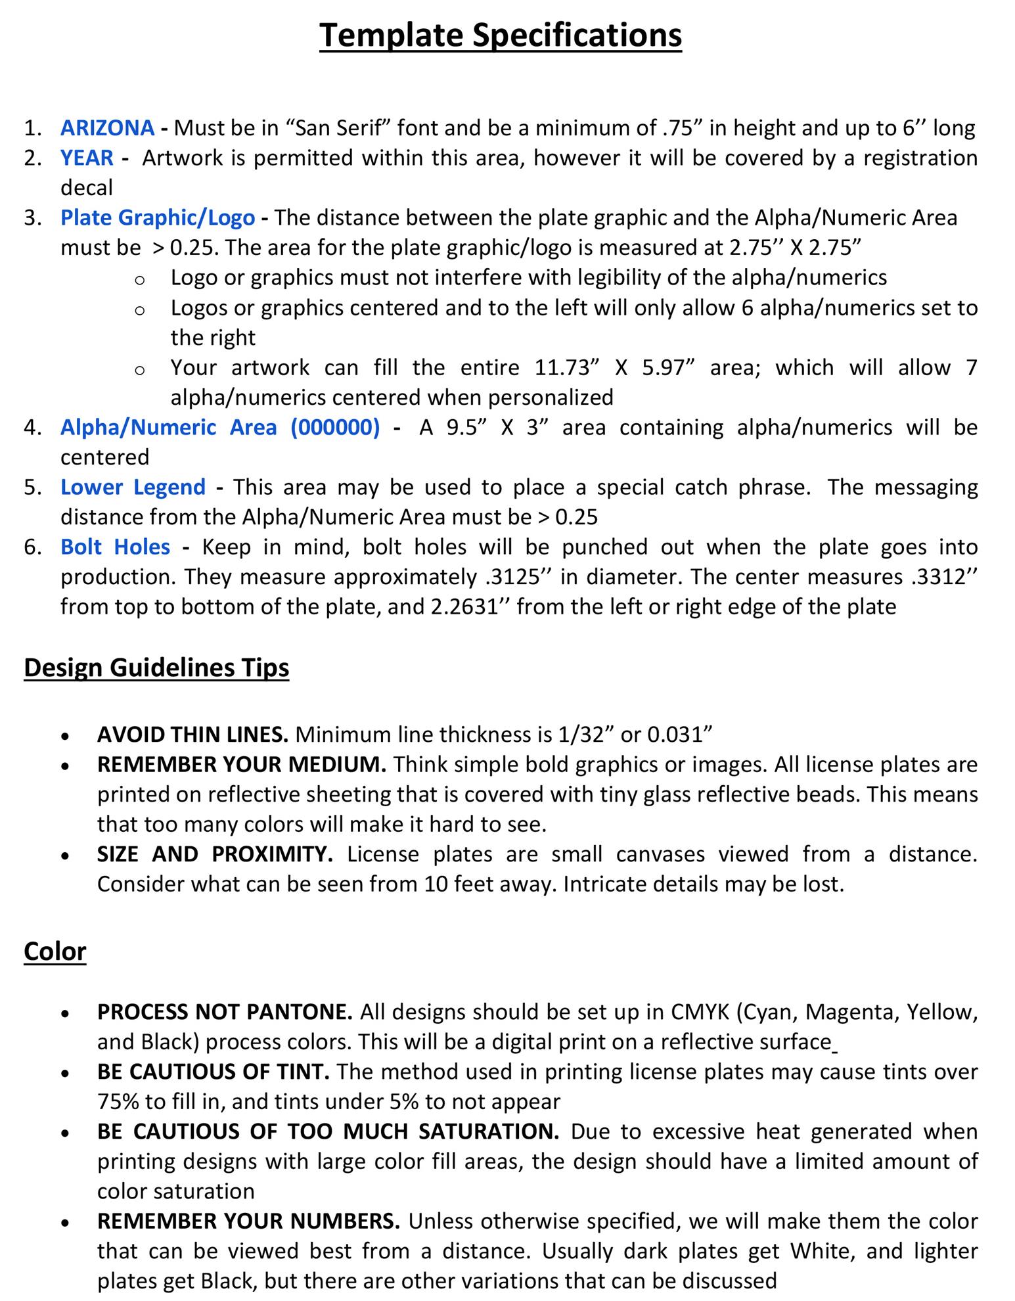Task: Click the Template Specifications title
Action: pyautogui.click(x=501, y=35)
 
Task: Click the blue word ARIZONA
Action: pyautogui.click(x=107, y=127)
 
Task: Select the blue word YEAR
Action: pyautogui.click(x=87, y=158)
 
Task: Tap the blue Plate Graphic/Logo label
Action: pyautogui.click(x=158, y=217)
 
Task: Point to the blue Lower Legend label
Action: pyautogui.click(x=133, y=487)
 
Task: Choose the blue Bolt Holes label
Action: pyautogui.click(x=115, y=547)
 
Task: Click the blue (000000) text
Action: pyautogui.click(x=335, y=427)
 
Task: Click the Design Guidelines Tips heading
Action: pyautogui.click(x=156, y=668)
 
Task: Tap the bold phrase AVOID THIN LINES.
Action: pyautogui.click(x=192, y=734)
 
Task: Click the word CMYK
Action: pyautogui.click(x=700, y=1012)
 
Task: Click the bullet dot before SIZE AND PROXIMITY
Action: pyautogui.click(x=64, y=856)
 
